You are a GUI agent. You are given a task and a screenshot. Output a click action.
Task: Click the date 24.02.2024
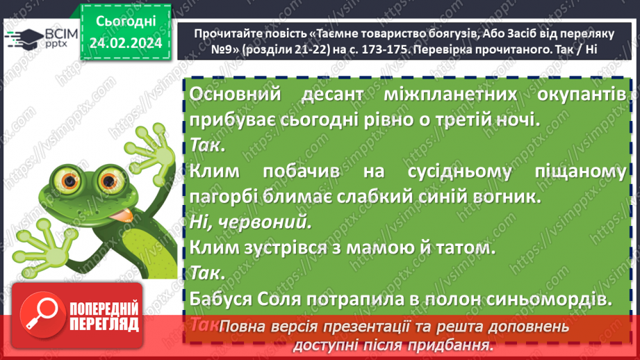tap(126, 43)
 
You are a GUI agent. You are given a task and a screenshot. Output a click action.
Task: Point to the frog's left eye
tap(70, 179)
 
